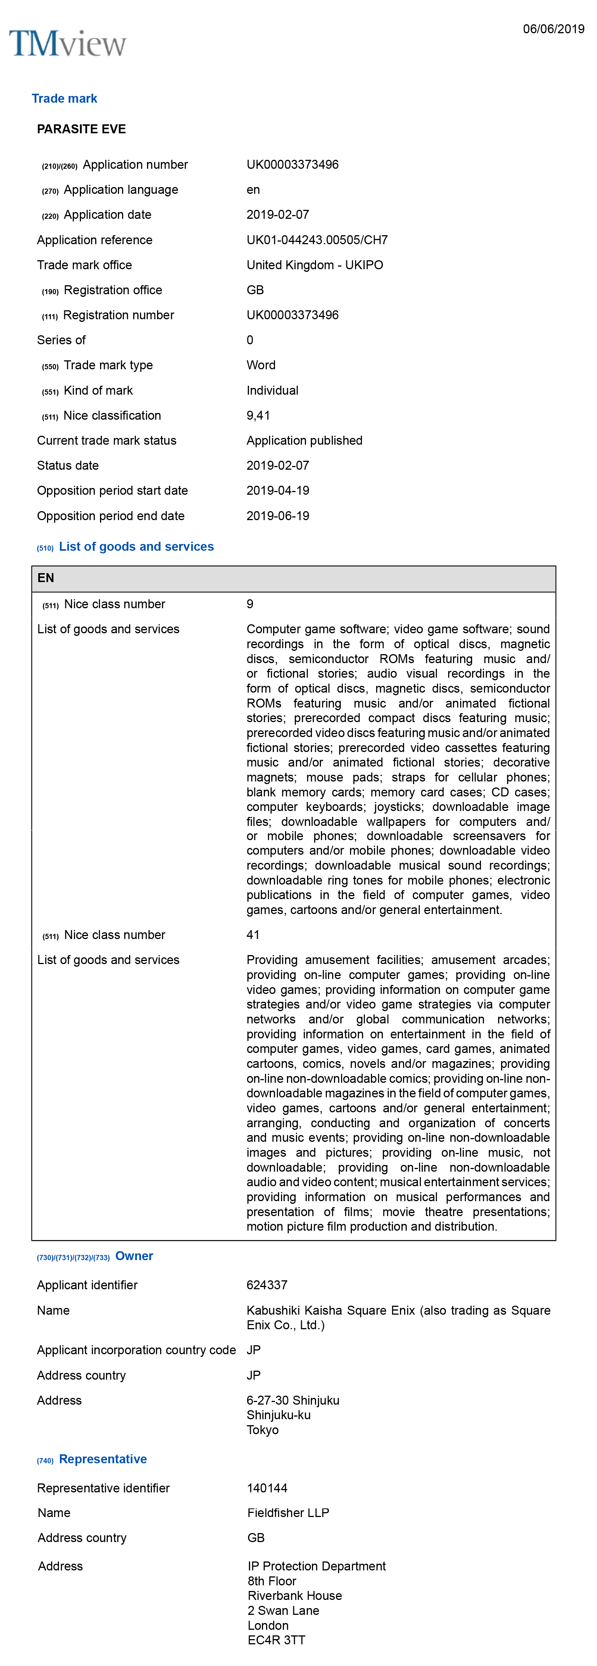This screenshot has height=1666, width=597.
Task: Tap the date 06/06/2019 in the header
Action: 553,29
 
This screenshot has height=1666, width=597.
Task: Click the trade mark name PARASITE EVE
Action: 81,129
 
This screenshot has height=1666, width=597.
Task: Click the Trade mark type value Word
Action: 261,366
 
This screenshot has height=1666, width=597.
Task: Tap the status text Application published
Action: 304,441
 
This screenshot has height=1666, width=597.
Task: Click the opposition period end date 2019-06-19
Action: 278,516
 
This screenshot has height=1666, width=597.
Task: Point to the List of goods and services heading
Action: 136,547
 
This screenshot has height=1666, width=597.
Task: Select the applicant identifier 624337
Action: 267,1285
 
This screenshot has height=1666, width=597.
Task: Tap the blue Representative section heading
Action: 103,1459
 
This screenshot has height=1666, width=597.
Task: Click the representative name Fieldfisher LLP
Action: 288,1513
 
